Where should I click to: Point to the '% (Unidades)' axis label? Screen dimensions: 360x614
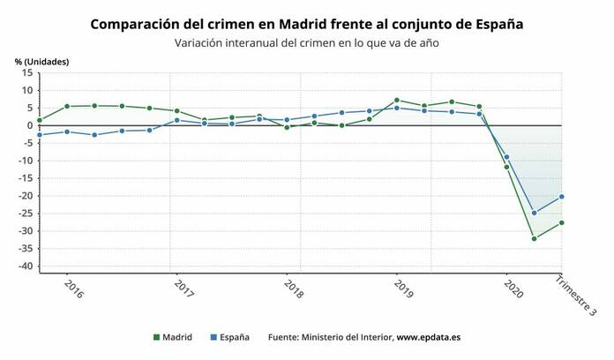pos(41,61)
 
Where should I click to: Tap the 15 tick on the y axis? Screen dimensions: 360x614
pos(26,72)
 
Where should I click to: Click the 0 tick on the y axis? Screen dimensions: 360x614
pos(29,125)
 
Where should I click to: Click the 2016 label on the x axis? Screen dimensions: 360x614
pos(74,290)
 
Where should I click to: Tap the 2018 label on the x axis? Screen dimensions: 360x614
pos(293,290)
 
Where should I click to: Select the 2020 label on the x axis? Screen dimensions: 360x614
pos(513,290)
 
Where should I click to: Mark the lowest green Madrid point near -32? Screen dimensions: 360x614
pos(534,238)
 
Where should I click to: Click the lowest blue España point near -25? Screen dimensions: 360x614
pos(534,213)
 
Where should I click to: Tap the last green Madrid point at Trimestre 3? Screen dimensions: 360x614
pos(561,222)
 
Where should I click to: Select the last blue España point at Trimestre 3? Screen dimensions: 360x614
pos(561,197)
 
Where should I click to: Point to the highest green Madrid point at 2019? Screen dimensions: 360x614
pos(397,100)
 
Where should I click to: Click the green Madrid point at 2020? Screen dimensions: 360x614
pos(506,167)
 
